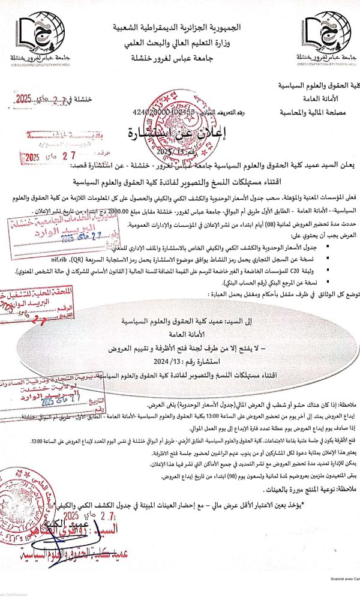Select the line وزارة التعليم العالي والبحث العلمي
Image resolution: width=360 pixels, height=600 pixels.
click(181, 43)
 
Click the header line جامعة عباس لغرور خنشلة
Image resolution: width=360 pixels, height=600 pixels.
click(181, 58)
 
